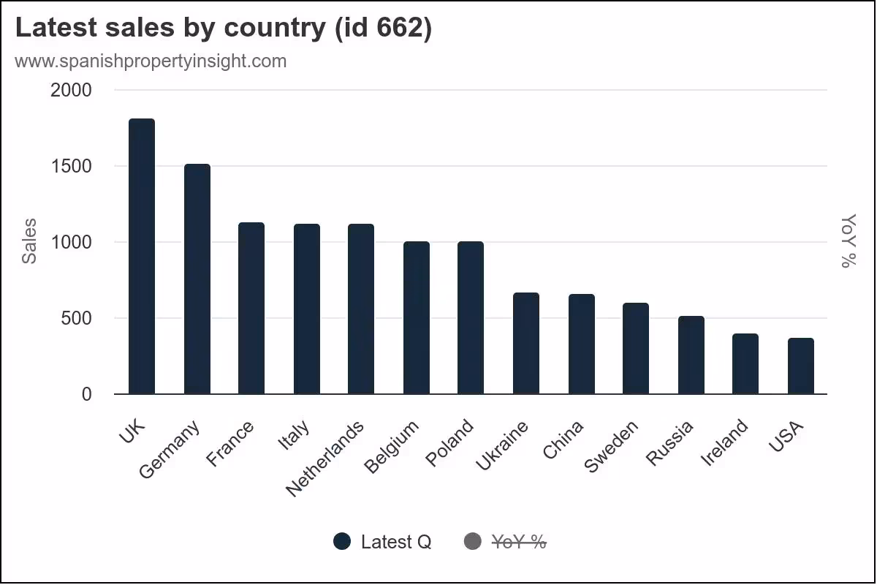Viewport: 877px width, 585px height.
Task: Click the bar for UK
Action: [x=142, y=256]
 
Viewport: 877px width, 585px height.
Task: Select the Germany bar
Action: [x=197, y=279]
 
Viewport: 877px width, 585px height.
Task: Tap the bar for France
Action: [x=251, y=308]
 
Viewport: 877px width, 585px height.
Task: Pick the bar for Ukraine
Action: [x=525, y=343]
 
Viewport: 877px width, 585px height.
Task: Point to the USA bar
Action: [x=800, y=366]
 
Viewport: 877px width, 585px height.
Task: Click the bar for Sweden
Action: [x=635, y=348]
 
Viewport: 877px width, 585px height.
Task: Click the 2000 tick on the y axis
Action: [x=71, y=90]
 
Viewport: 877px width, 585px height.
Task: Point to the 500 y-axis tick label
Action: [x=77, y=318]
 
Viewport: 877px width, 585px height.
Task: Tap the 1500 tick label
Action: [x=71, y=166]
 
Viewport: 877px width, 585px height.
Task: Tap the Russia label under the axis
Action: [x=670, y=443]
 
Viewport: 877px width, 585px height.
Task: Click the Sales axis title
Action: [x=29, y=241]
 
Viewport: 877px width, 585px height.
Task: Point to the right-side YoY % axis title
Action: [x=848, y=241]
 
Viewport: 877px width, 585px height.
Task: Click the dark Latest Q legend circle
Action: [x=343, y=542]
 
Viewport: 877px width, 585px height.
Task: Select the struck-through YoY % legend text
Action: [x=519, y=542]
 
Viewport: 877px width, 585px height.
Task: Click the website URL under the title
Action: [x=151, y=61]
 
